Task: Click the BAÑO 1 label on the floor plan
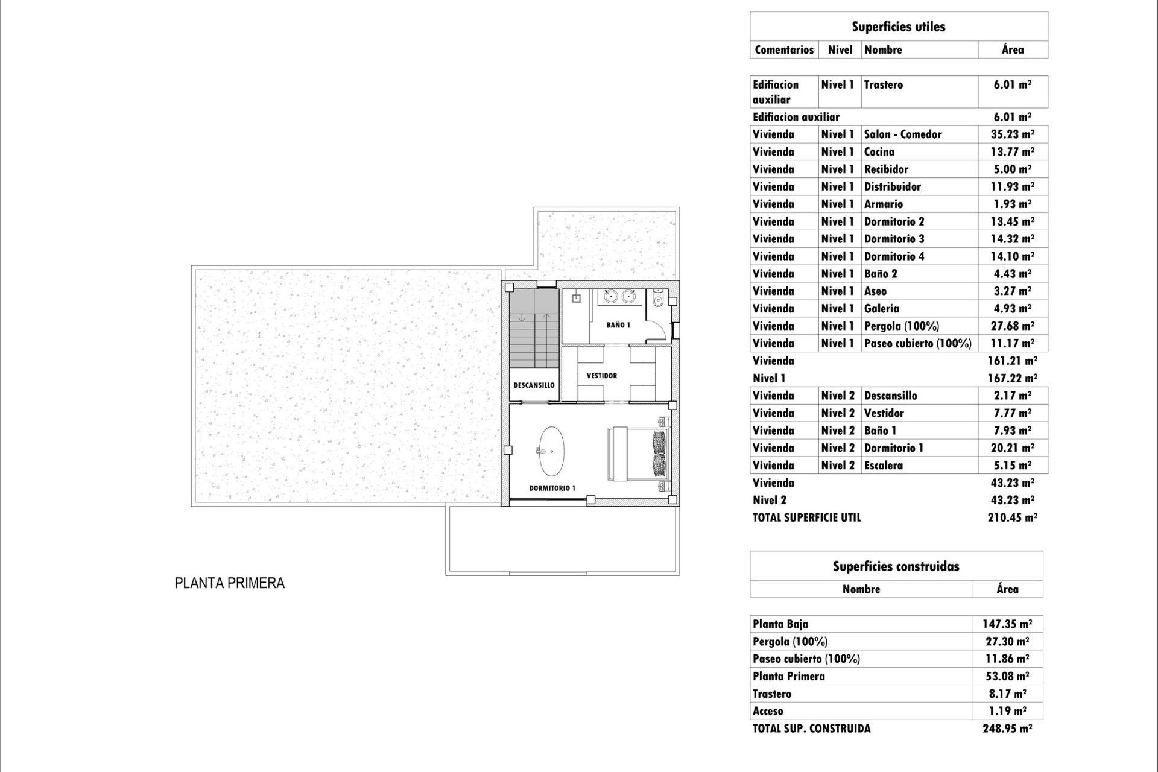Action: click(618, 325)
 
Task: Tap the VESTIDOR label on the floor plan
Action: click(602, 376)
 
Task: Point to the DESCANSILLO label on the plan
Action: click(534, 385)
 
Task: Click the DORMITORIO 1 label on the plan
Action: click(552, 488)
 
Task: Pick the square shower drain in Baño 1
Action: click(576, 298)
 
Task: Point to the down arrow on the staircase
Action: click(522, 317)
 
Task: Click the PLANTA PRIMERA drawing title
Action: click(230, 583)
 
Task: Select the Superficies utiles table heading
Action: click(899, 27)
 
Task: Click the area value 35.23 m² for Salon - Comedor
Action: click(1013, 134)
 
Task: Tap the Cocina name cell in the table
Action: click(879, 152)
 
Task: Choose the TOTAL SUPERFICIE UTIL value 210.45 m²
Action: click(1013, 517)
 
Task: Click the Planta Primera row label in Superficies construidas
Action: click(789, 676)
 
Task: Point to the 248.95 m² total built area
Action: click(1007, 729)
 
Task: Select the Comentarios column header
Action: click(784, 50)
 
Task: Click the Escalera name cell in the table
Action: click(884, 466)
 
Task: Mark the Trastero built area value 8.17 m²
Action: click(1007, 694)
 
